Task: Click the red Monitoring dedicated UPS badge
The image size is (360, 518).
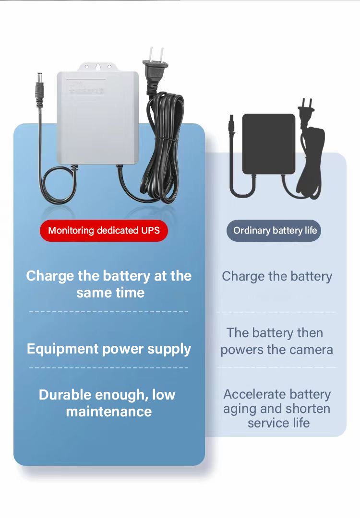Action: tap(104, 231)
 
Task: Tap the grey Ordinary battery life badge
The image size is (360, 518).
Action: tap(275, 231)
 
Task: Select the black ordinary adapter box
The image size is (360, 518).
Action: tap(269, 144)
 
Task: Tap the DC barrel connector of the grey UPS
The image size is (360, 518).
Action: tap(39, 89)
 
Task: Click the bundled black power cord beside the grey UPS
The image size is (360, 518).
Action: tap(163, 149)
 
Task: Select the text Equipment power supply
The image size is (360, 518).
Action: tap(109, 349)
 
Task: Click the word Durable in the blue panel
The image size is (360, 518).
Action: tap(65, 395)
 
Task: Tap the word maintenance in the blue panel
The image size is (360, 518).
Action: tap(109, 412)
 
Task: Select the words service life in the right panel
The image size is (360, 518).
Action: tap(278, 423)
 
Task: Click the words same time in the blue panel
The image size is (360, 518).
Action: tap(110, 293)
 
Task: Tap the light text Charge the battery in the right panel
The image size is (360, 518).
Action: tap(277, 276)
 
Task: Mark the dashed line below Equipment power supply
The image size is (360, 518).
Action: tap(109, 368)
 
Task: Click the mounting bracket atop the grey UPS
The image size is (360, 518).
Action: tap(98, 67)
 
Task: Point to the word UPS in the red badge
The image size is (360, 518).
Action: tap(150, 231)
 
